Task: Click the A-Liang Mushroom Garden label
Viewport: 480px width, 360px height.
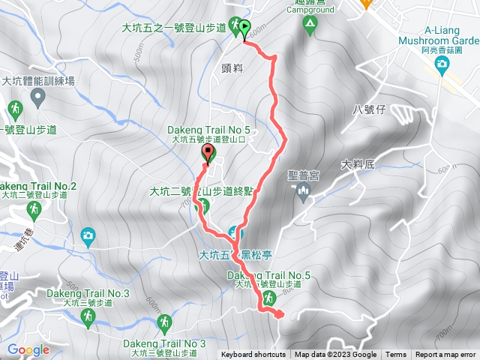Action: pos(450,34)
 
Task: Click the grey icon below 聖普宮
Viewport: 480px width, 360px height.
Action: pos(304,193)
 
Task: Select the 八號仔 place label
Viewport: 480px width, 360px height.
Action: pos(369,109)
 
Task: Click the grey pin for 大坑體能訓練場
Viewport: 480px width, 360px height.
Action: pos(37,97)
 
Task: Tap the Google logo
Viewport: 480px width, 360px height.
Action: pos(28,349)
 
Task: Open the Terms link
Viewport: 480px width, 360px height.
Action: pos(396,355)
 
